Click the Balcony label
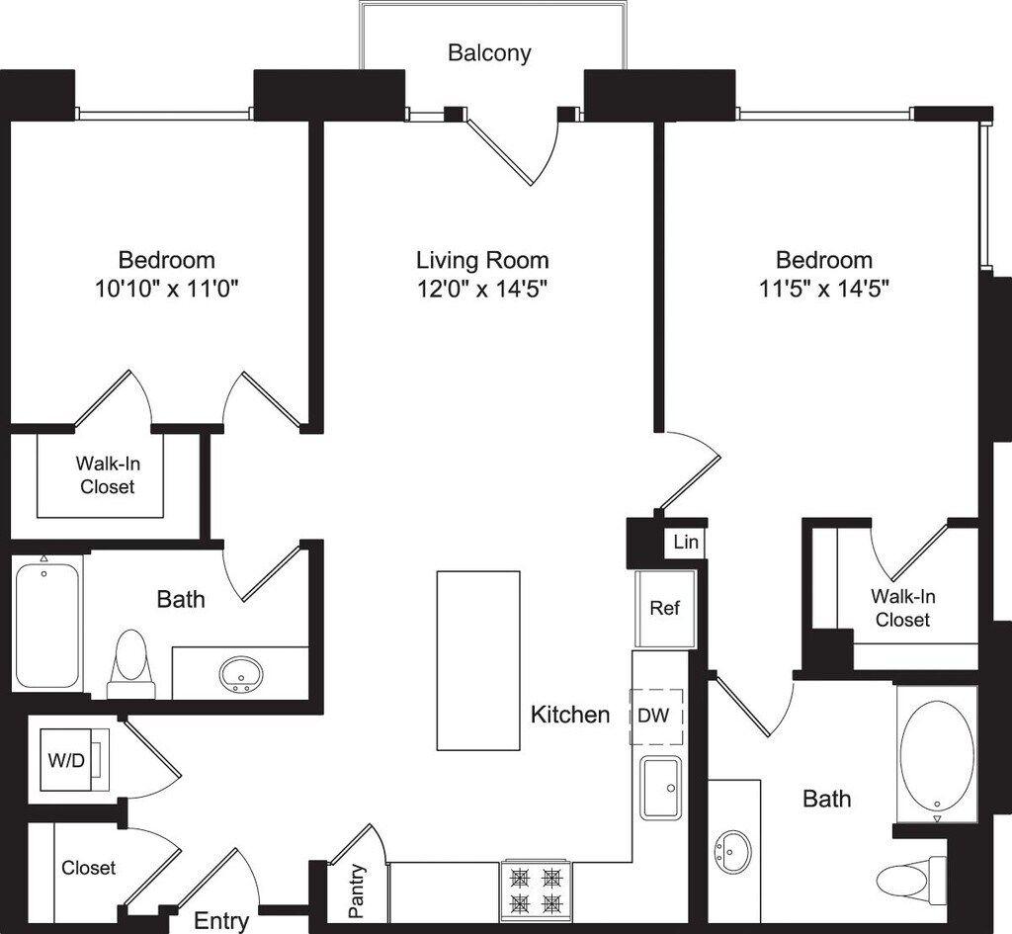[489, 52]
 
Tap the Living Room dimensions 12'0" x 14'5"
[482, 289]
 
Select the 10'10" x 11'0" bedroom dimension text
[166, 289]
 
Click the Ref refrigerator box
[665, 609]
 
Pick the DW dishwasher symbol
[657, 715]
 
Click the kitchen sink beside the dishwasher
[661, 788]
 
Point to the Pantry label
[357, 891]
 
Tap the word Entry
[221, 921]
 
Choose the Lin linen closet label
[685, 542]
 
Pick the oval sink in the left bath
[240, 675]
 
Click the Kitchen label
[570, 714]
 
